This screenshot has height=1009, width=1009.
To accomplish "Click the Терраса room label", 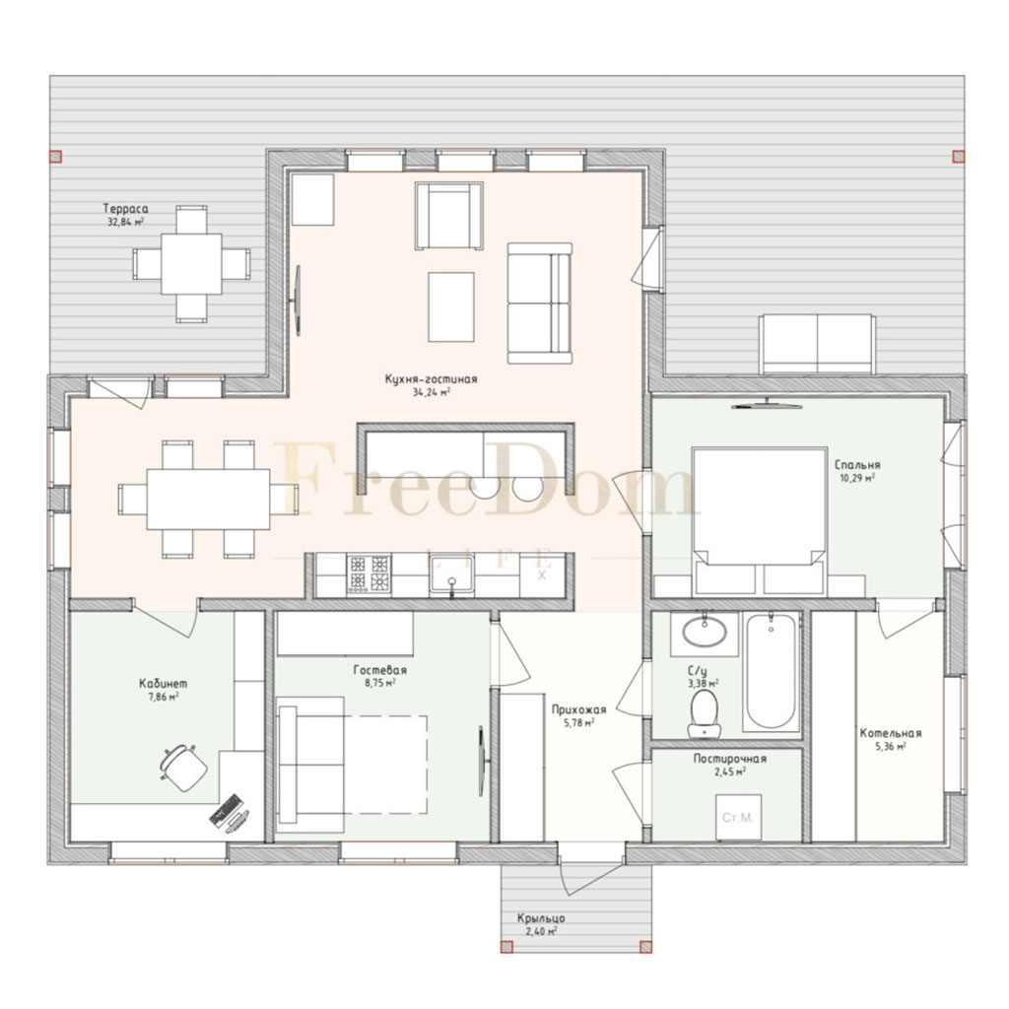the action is (x=125, y=209).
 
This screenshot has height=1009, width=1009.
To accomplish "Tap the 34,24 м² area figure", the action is (x=432, y=391).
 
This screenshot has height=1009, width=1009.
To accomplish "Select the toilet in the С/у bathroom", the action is (x=704, y=713).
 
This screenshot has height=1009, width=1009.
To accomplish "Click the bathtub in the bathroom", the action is (x=771, y=671).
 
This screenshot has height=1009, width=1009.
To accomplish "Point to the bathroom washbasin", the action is (x=704, y=632).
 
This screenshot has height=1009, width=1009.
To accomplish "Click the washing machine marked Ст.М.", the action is (x=738, y=817).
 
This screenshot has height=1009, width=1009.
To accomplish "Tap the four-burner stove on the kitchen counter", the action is (x=369, y=574).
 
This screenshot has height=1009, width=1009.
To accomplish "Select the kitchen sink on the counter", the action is (x=451, y=574).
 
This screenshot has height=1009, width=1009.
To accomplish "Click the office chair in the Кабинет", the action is (x=183, y=767).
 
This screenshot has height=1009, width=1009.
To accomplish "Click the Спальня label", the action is (x=857, y=465).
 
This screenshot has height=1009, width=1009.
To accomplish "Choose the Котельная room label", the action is (x=891, y=733).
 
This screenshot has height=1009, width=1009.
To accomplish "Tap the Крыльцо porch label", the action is (x=541, y=918).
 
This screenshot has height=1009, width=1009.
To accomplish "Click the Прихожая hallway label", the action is (x=578, y=709).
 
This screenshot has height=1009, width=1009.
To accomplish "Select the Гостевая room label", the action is (x=379, y=670).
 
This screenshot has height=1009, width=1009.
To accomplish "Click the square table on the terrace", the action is (x=191, y=264).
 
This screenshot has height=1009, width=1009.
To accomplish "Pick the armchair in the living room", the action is (x=449, y=216).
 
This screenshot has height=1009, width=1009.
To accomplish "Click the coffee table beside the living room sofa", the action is (x=451, y=307).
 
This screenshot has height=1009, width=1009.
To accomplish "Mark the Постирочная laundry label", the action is (x=730, y=759).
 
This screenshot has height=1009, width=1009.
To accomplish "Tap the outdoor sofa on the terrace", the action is (x=817, y=344).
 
